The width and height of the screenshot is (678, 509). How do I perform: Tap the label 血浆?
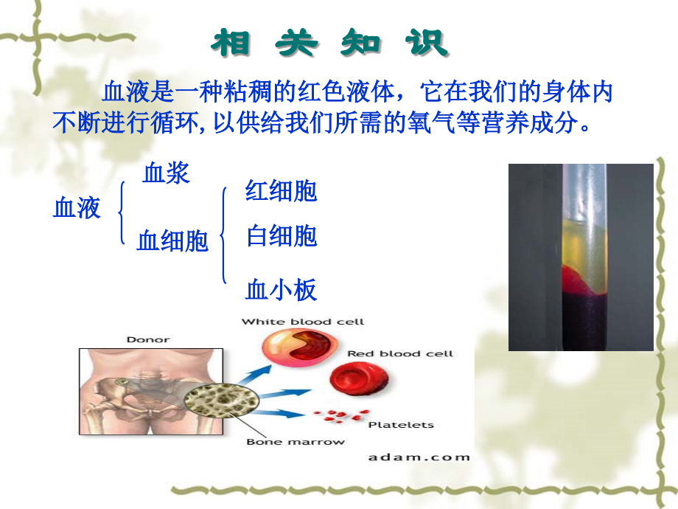(167, 173)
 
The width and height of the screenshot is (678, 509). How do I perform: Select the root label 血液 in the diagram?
(77, 209)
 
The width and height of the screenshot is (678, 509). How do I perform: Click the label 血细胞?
(173, 240)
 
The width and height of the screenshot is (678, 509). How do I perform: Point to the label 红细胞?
(281, 191)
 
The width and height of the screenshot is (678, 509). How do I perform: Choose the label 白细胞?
(281, 237)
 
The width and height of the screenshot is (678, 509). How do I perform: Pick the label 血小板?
(281, 290)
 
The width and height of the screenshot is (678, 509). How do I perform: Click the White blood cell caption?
(302, 322)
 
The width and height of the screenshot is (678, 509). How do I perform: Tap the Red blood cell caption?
(399, 354)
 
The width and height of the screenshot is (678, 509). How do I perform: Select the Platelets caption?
(400, 425)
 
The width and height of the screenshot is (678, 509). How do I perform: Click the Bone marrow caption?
(295, 442)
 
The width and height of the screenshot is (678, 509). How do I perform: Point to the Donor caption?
(147, 340)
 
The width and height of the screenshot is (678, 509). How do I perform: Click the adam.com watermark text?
(418, 457)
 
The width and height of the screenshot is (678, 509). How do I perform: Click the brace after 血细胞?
(223, 235)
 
